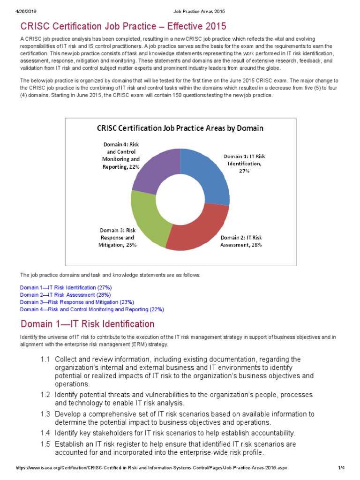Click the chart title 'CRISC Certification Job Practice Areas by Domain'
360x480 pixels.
180,128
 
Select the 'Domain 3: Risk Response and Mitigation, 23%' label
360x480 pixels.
118,237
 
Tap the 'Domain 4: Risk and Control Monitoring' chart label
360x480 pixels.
120,156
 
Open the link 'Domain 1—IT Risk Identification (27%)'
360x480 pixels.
66,287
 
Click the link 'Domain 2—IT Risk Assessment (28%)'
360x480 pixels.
65,295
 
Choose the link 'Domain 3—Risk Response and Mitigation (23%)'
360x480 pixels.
77,302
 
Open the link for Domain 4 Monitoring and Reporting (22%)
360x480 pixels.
92,309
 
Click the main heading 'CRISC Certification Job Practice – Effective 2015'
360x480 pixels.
123,25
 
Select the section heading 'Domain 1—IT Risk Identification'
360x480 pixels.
87,324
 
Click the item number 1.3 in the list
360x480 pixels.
45,414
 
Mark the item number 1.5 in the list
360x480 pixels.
45,444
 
